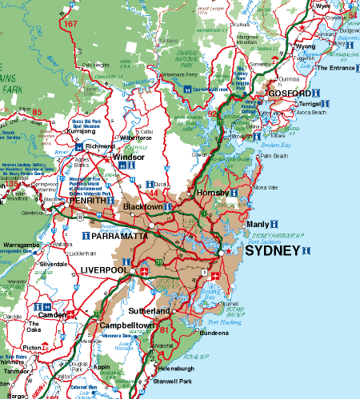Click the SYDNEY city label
[272, 250]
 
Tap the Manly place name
[258, 224]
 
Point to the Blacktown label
[142, 206]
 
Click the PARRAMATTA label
[118, 237]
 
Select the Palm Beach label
[274, 156]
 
